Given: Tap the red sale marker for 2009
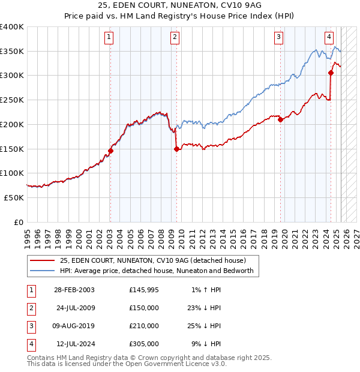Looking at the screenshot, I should pyautogui.click(x=176, y=149).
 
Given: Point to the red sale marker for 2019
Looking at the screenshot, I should pyautogui.click(x=280, y=119).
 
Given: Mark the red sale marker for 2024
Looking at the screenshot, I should pyautogui.click(x=331, y=73).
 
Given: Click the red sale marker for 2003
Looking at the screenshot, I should pyautogui.click(x=110, y=151).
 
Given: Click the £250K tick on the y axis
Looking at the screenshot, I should pyautogui.click(x=11, y=100).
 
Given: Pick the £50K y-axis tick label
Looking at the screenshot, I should pyautogui.click(x=14, y=197).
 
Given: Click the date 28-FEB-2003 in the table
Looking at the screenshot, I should pyautogui.click(x=74, y=290).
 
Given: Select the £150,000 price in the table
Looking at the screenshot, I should pyautogui.click(x=144, y=308).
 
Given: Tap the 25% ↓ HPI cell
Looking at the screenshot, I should pyautogui.click(x=204, y=326).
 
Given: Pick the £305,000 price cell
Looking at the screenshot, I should pyautogui.click(x=144, y=344).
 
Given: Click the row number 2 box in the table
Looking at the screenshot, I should pyautogui.click(x=30, y=308).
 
